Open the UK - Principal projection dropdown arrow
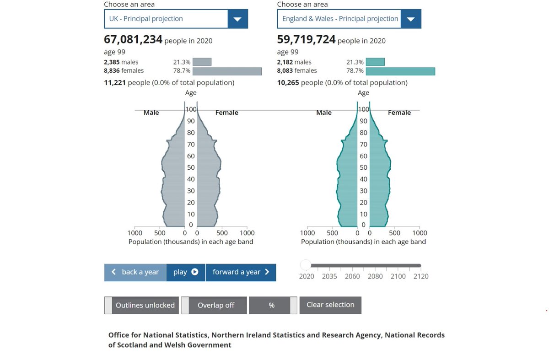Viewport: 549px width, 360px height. [237, 19]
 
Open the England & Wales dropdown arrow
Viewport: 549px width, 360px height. [411, 19]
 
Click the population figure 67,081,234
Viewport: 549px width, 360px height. [133, 39]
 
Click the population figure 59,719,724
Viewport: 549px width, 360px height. [307, 39]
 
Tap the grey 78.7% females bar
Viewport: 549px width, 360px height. [227, 71]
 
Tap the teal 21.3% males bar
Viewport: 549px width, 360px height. [375, 62]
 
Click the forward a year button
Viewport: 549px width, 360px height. [241, 272]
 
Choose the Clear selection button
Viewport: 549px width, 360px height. [330, 305]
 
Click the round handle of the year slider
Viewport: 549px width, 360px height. [305, 265]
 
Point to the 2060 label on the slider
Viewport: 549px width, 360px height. [352, 276]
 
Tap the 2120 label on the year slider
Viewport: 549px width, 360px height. [420, 276]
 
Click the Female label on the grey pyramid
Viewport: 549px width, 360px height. [226, 113]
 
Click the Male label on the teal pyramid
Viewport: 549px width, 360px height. [323, 113]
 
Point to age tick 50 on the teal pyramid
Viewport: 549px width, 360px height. [363, 167]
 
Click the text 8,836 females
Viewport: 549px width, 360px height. [124, 70]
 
